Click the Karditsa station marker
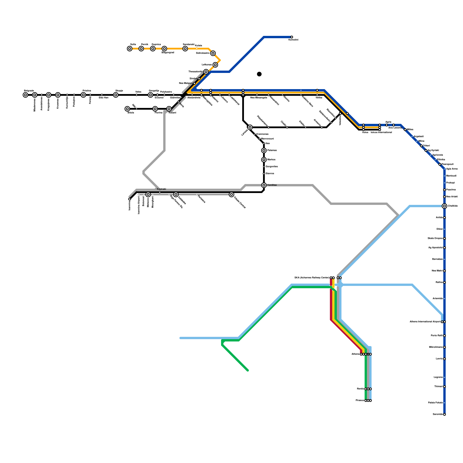264,185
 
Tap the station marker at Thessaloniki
206,72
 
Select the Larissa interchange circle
250,127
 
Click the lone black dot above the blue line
259,74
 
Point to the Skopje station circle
116,95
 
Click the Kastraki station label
161,189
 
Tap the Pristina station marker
83,95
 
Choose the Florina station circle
155,109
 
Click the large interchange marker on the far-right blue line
444,206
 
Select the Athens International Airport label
425,322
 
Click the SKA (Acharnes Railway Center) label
312,278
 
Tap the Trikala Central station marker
231,194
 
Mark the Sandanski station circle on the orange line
185,49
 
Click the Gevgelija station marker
150,95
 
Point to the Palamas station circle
264,150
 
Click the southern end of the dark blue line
444,414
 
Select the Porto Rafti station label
437,336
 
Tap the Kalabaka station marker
176,194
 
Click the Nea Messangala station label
259,98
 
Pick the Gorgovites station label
272,167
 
